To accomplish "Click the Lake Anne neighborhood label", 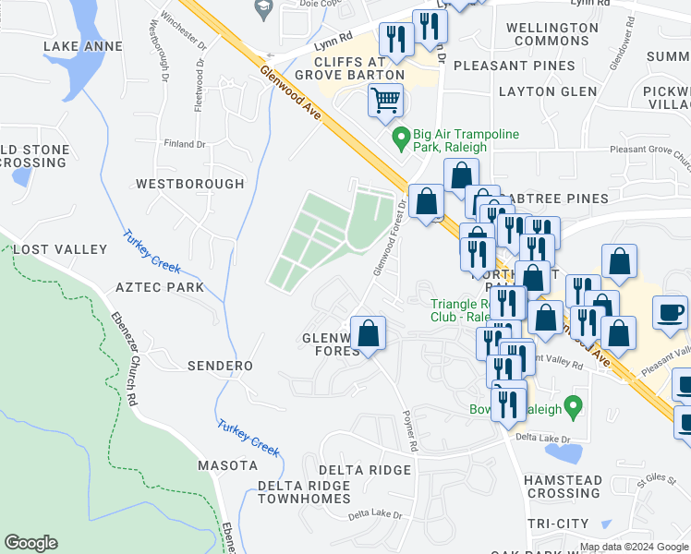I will pyautogui.click(x=83, y=46).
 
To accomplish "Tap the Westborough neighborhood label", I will pyautogui.click(x=190, y=184).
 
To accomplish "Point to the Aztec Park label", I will pyautogui.click(x=160, y=288).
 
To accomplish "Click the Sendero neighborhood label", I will pyautogui.click(x=220, y=367).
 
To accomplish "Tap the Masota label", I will pyautogui.click(x=227, y=465).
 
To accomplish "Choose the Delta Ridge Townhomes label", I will pyautogui.click(x=306, y=492).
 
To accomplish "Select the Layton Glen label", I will pyautogui.click(x=548, y=91).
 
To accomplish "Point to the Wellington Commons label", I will pyautogui.click(x=552, y=34).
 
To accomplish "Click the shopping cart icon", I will pyautogui.click(x=385, y=99).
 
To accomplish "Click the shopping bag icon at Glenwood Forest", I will pyautogui.click(x=368, y=334).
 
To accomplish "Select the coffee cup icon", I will pyautogui.click(x=670, y=312).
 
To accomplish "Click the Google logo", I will pyautogui.click(x=31, y=543).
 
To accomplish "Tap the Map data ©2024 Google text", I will pyautogui.click(x=634, y=547).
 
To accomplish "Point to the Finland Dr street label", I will pyautogui.click(x=184, y=144).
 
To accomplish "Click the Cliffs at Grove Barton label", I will pyautogui.click(x=351, y=74).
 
